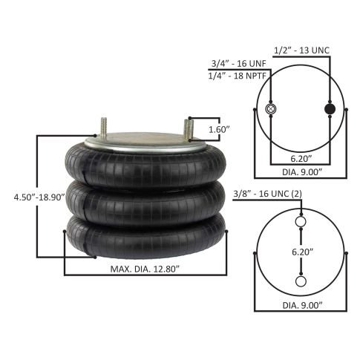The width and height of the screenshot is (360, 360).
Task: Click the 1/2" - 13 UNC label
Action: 302,50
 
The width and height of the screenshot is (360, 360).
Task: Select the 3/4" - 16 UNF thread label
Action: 238,64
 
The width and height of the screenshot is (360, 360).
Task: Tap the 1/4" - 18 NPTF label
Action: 237,76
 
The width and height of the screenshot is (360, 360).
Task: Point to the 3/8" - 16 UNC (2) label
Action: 268,194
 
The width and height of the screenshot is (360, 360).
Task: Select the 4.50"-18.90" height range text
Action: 39,197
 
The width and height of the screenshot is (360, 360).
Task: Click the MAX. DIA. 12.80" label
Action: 145,269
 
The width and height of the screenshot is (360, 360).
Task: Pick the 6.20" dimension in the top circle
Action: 301,159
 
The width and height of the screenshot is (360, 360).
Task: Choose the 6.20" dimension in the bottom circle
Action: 303,252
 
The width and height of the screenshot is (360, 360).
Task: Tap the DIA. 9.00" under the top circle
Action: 302,172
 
